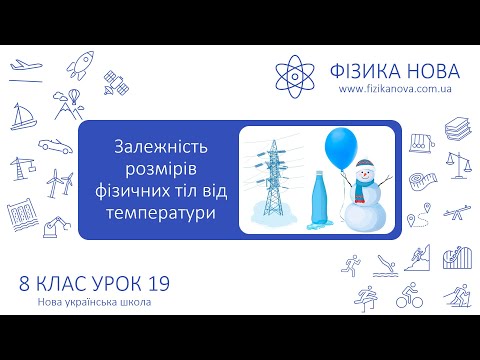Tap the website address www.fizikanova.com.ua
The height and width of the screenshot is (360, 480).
[x=399, y=89]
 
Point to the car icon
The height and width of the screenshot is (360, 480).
[x=54, y=144]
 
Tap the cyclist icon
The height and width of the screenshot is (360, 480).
[x=410, y=296]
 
